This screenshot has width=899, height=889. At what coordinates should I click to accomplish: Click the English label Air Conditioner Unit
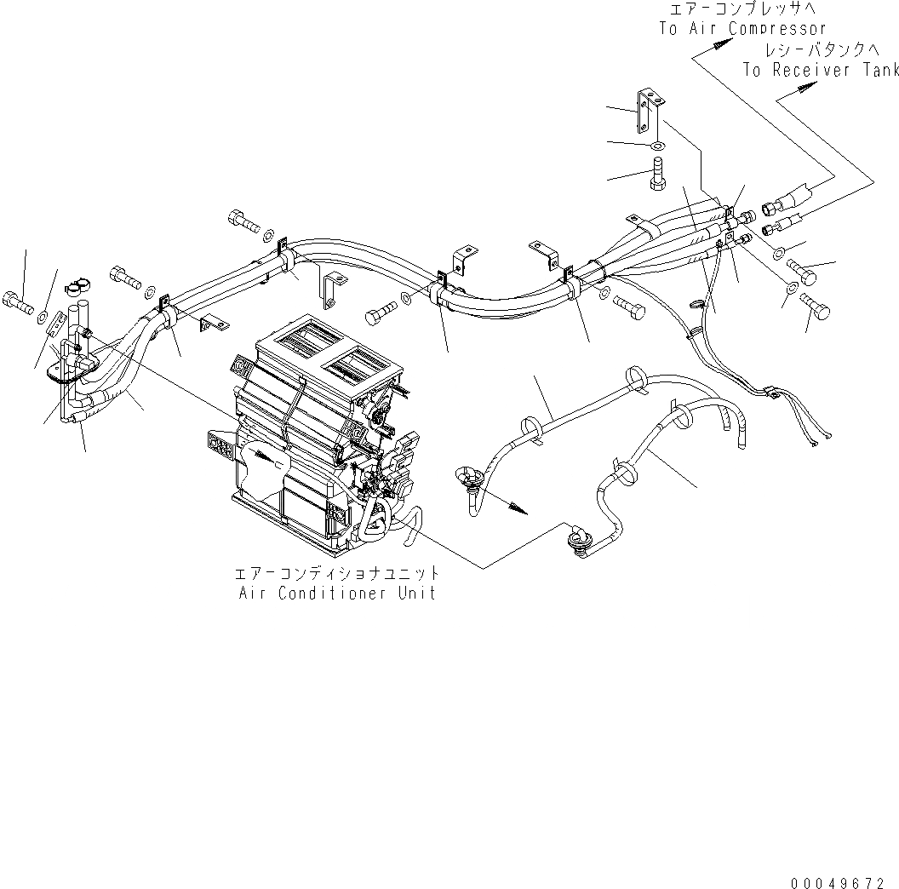tap(338, 593)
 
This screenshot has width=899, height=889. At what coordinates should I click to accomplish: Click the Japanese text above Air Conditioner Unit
tap(338, 573)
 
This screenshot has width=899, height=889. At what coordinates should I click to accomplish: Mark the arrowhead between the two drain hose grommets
tap(517, 509)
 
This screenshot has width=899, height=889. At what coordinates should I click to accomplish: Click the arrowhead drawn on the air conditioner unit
tap(272, 458)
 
